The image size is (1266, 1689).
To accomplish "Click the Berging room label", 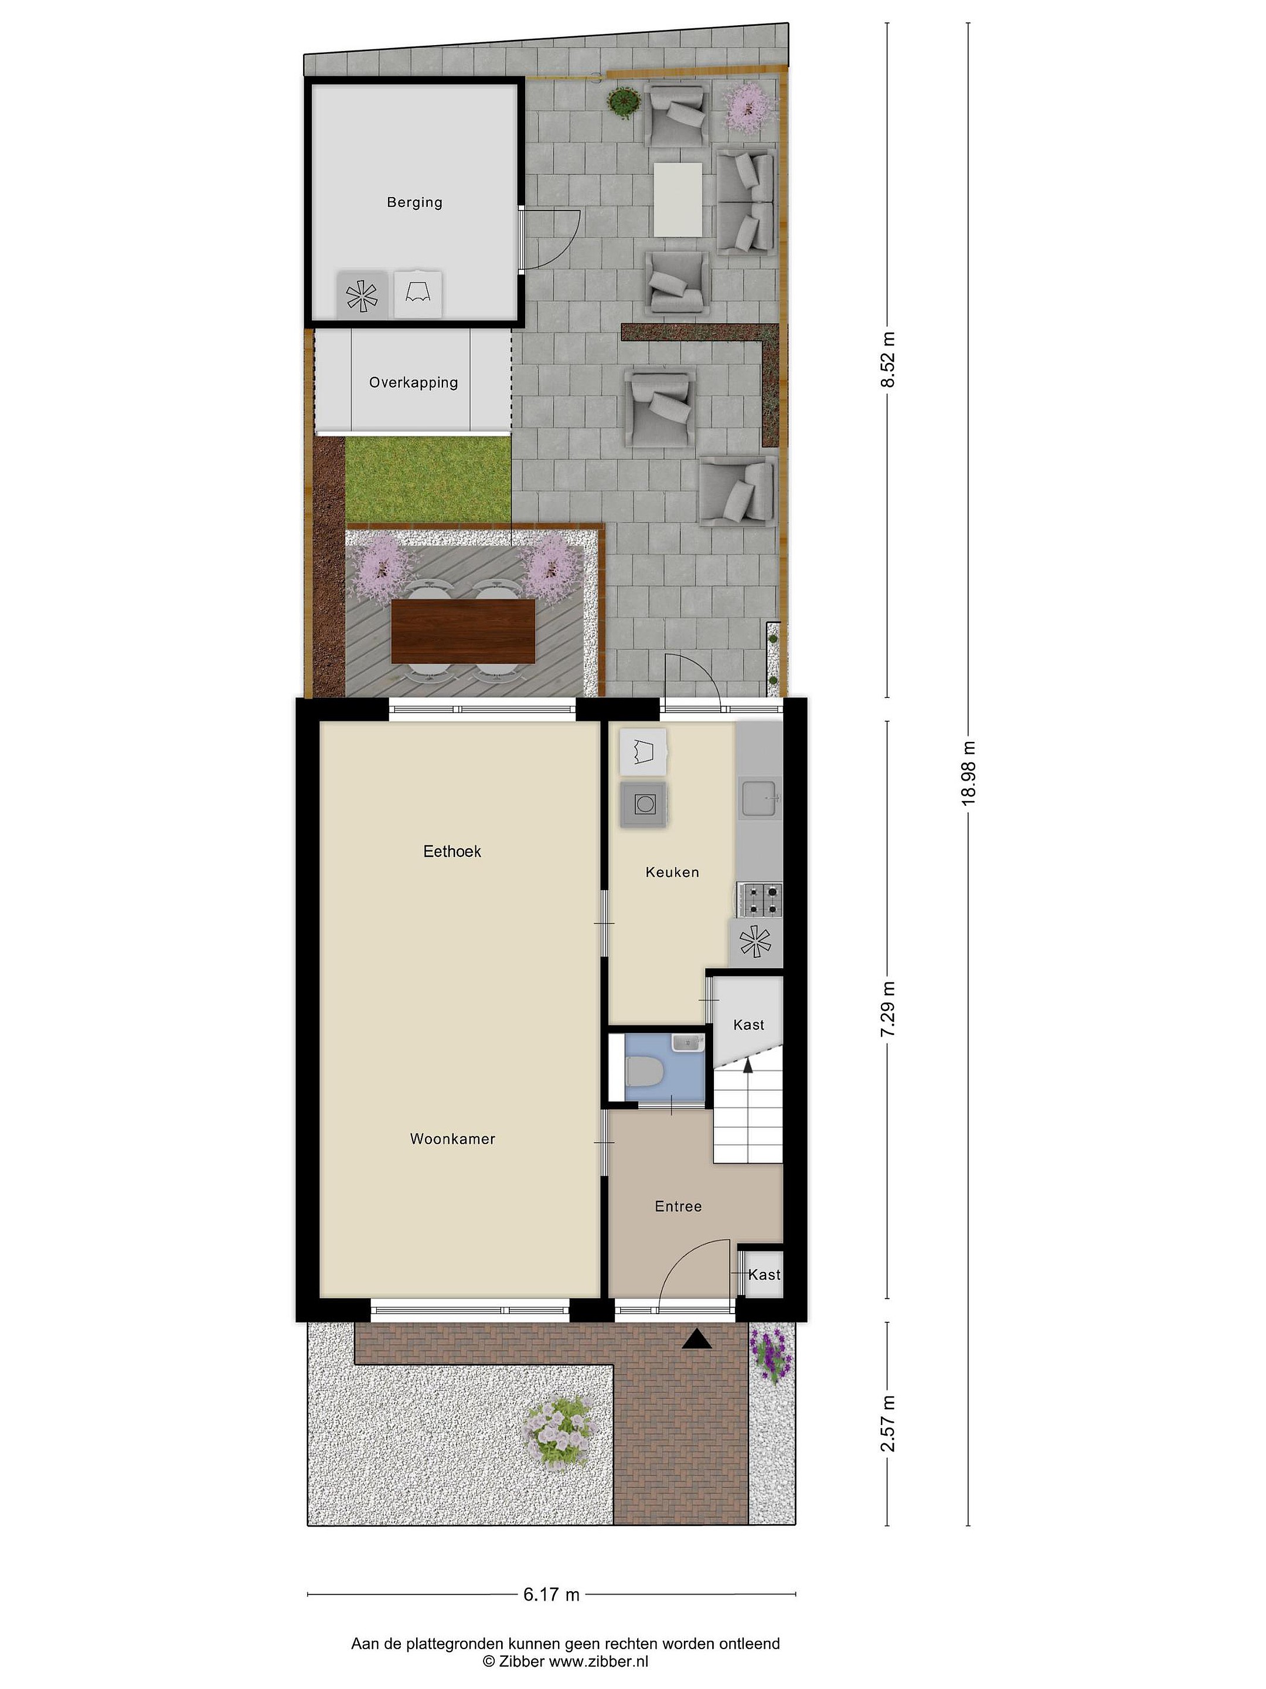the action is click(x=414, y=202).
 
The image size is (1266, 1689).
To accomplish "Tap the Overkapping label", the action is click(x=414, y=382).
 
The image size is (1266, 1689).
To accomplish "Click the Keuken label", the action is click(x=672, y=872).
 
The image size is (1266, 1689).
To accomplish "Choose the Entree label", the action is click(x=678, y=1206).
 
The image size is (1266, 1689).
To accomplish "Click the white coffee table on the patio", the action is click(x=678, y=200).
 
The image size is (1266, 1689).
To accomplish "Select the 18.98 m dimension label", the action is click(x=968, y=773).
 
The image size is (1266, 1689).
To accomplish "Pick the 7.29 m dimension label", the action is click(x=887, y=1009).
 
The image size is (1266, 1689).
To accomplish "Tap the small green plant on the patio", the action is click(x=625, y=101).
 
